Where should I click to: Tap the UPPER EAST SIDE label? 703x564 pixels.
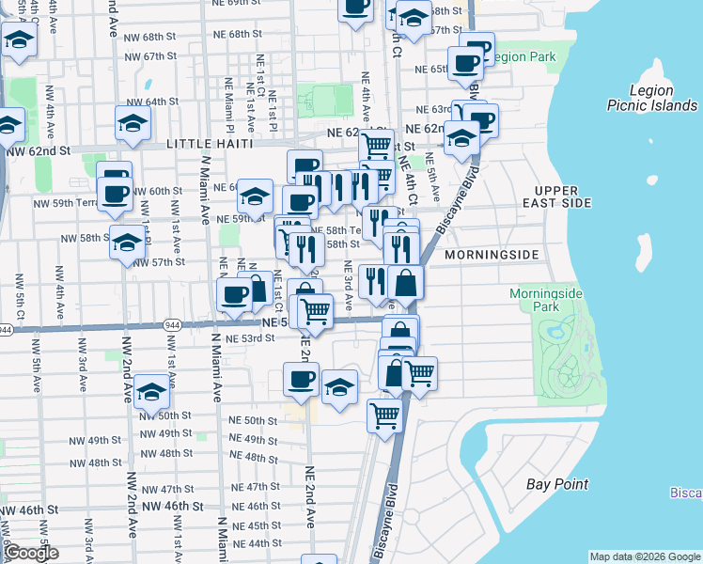point(563,196)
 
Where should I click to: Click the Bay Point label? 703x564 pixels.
point(557,484)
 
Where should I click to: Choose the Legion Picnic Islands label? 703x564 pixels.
point(651,99)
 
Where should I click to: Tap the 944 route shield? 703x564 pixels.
point(6,330)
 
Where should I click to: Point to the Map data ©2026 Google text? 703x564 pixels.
point(645,556)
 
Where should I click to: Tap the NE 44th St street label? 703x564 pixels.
point(257,543)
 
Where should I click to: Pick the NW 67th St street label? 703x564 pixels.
point(151,56)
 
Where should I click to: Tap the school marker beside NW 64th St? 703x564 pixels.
point(133,122)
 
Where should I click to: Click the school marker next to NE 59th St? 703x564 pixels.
point(254,196)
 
